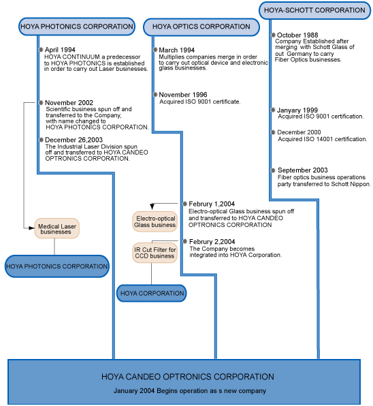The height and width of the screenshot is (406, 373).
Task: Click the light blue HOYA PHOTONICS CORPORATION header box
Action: pyautogui.click(x=78, y=27)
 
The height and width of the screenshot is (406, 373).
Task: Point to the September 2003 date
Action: pyautogui.click(x=303, y=170)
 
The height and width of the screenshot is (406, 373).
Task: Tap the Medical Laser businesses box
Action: pyautogui.click(x=57, y=228)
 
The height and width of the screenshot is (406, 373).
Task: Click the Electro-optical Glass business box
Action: pyautogui.click(x=155, y=221)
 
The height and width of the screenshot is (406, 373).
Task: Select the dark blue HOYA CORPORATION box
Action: pyautogui.click(x=152, y=293)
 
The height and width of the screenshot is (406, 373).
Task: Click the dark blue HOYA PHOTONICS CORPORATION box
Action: pyautogui.click(x=57, y=266)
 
